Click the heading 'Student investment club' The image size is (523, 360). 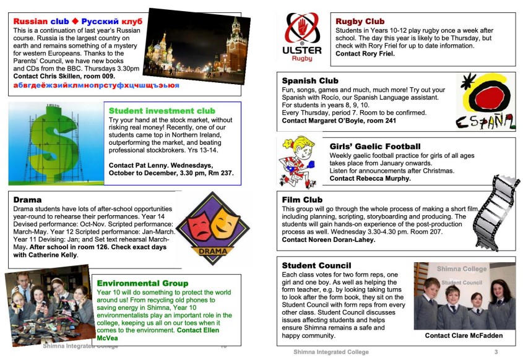pos(162,111)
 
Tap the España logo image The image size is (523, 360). pos(486,101)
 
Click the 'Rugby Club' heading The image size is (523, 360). pos(360,22)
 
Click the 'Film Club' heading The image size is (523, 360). pos(302,200)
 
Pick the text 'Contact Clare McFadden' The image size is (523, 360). pos(464,336)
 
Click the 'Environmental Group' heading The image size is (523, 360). pos(142,283)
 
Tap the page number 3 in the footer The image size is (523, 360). pos(496,352)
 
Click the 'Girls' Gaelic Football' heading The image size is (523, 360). pos(375,147)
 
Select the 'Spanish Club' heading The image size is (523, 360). pos(310,80)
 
